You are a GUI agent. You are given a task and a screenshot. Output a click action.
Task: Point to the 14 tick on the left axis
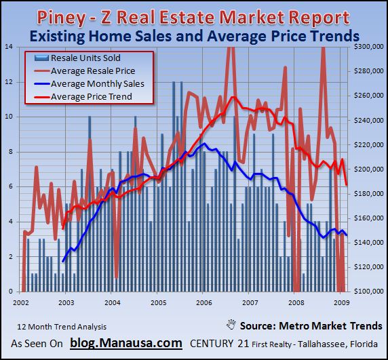[x=8, y=46]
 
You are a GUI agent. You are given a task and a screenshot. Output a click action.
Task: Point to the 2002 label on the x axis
[x=19, y=302]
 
